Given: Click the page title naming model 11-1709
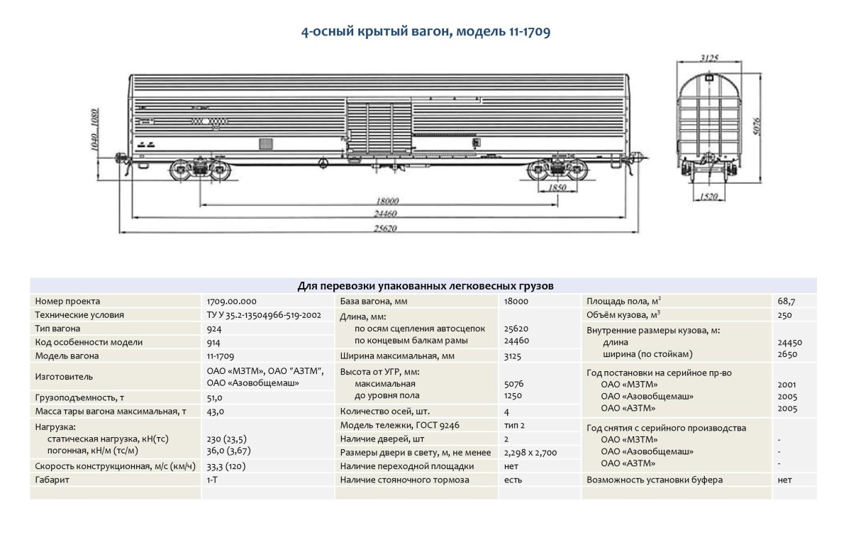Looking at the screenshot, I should [x=425, y=32].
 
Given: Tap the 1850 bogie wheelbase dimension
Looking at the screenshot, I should [x=558, y=187].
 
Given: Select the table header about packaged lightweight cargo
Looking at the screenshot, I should [x=425, y=286].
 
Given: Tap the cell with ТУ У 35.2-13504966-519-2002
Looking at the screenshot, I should [x=264, y=315].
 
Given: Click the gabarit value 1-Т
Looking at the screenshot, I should [x=212, y=480].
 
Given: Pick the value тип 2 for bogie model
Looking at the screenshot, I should [x=515, y=425].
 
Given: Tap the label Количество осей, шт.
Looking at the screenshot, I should [x=385, y=411].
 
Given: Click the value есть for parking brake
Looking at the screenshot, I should [x=513, y=480].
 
